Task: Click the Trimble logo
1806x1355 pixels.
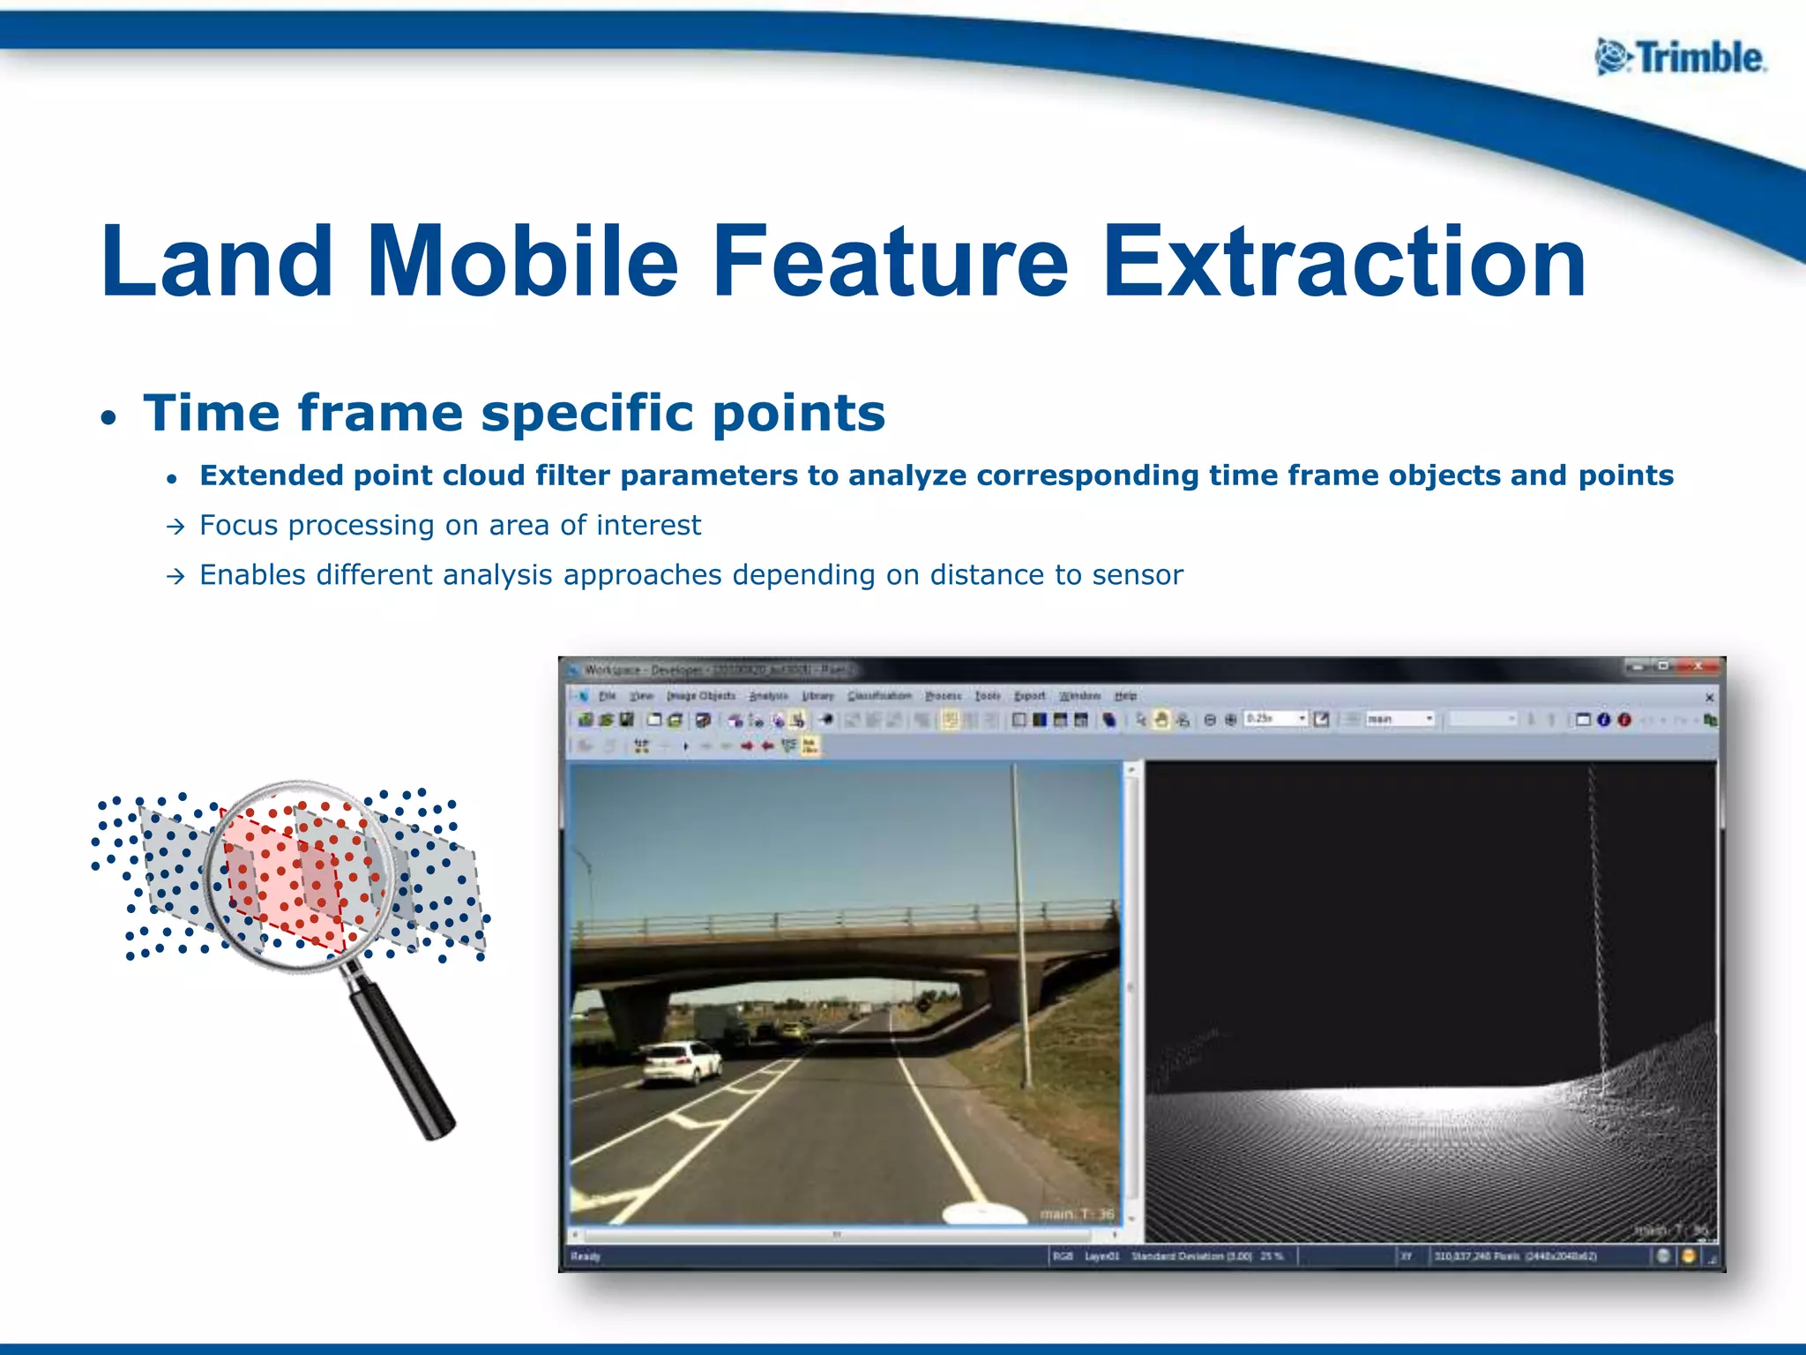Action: (1681, 58)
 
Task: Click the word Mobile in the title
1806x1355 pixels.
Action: (522, 261)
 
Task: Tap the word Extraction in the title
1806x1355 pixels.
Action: (1344, 261)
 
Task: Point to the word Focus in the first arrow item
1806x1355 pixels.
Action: (239, 526)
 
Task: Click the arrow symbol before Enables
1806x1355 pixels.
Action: (175, 577)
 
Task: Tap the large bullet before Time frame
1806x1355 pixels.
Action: (108, 418)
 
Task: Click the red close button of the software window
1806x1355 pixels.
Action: (1698, 667)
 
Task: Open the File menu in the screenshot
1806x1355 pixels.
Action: (607, 696)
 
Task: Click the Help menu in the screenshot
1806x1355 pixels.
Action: (1125, 696)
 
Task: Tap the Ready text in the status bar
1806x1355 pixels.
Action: (586, 1256)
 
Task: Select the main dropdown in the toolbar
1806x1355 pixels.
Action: (1399, 720)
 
